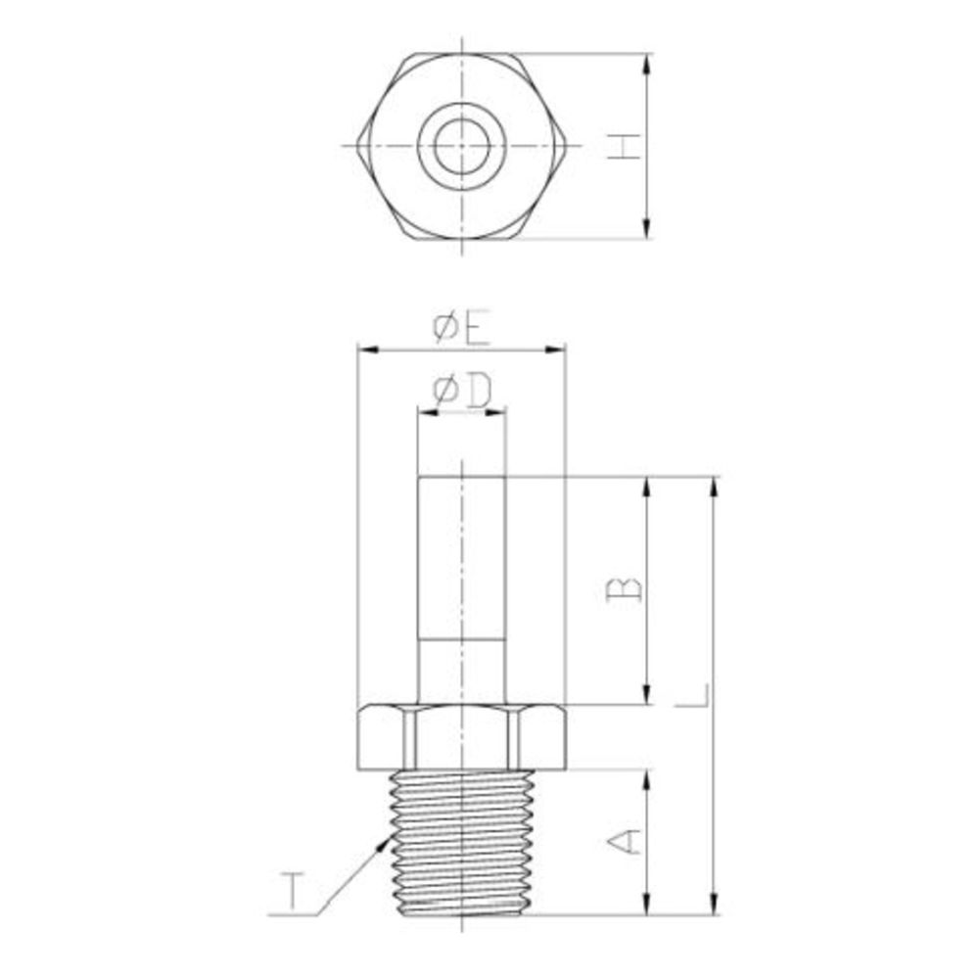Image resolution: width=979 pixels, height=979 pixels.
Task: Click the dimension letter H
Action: (625, 146)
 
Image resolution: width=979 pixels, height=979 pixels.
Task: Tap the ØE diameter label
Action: (462, 328)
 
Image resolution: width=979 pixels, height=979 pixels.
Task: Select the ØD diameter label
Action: (462, 392)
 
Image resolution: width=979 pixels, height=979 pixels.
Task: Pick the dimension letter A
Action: (625, 841)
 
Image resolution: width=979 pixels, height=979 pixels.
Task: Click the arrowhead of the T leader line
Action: (384, 844)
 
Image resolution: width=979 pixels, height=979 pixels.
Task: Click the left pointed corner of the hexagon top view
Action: (358, 146)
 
